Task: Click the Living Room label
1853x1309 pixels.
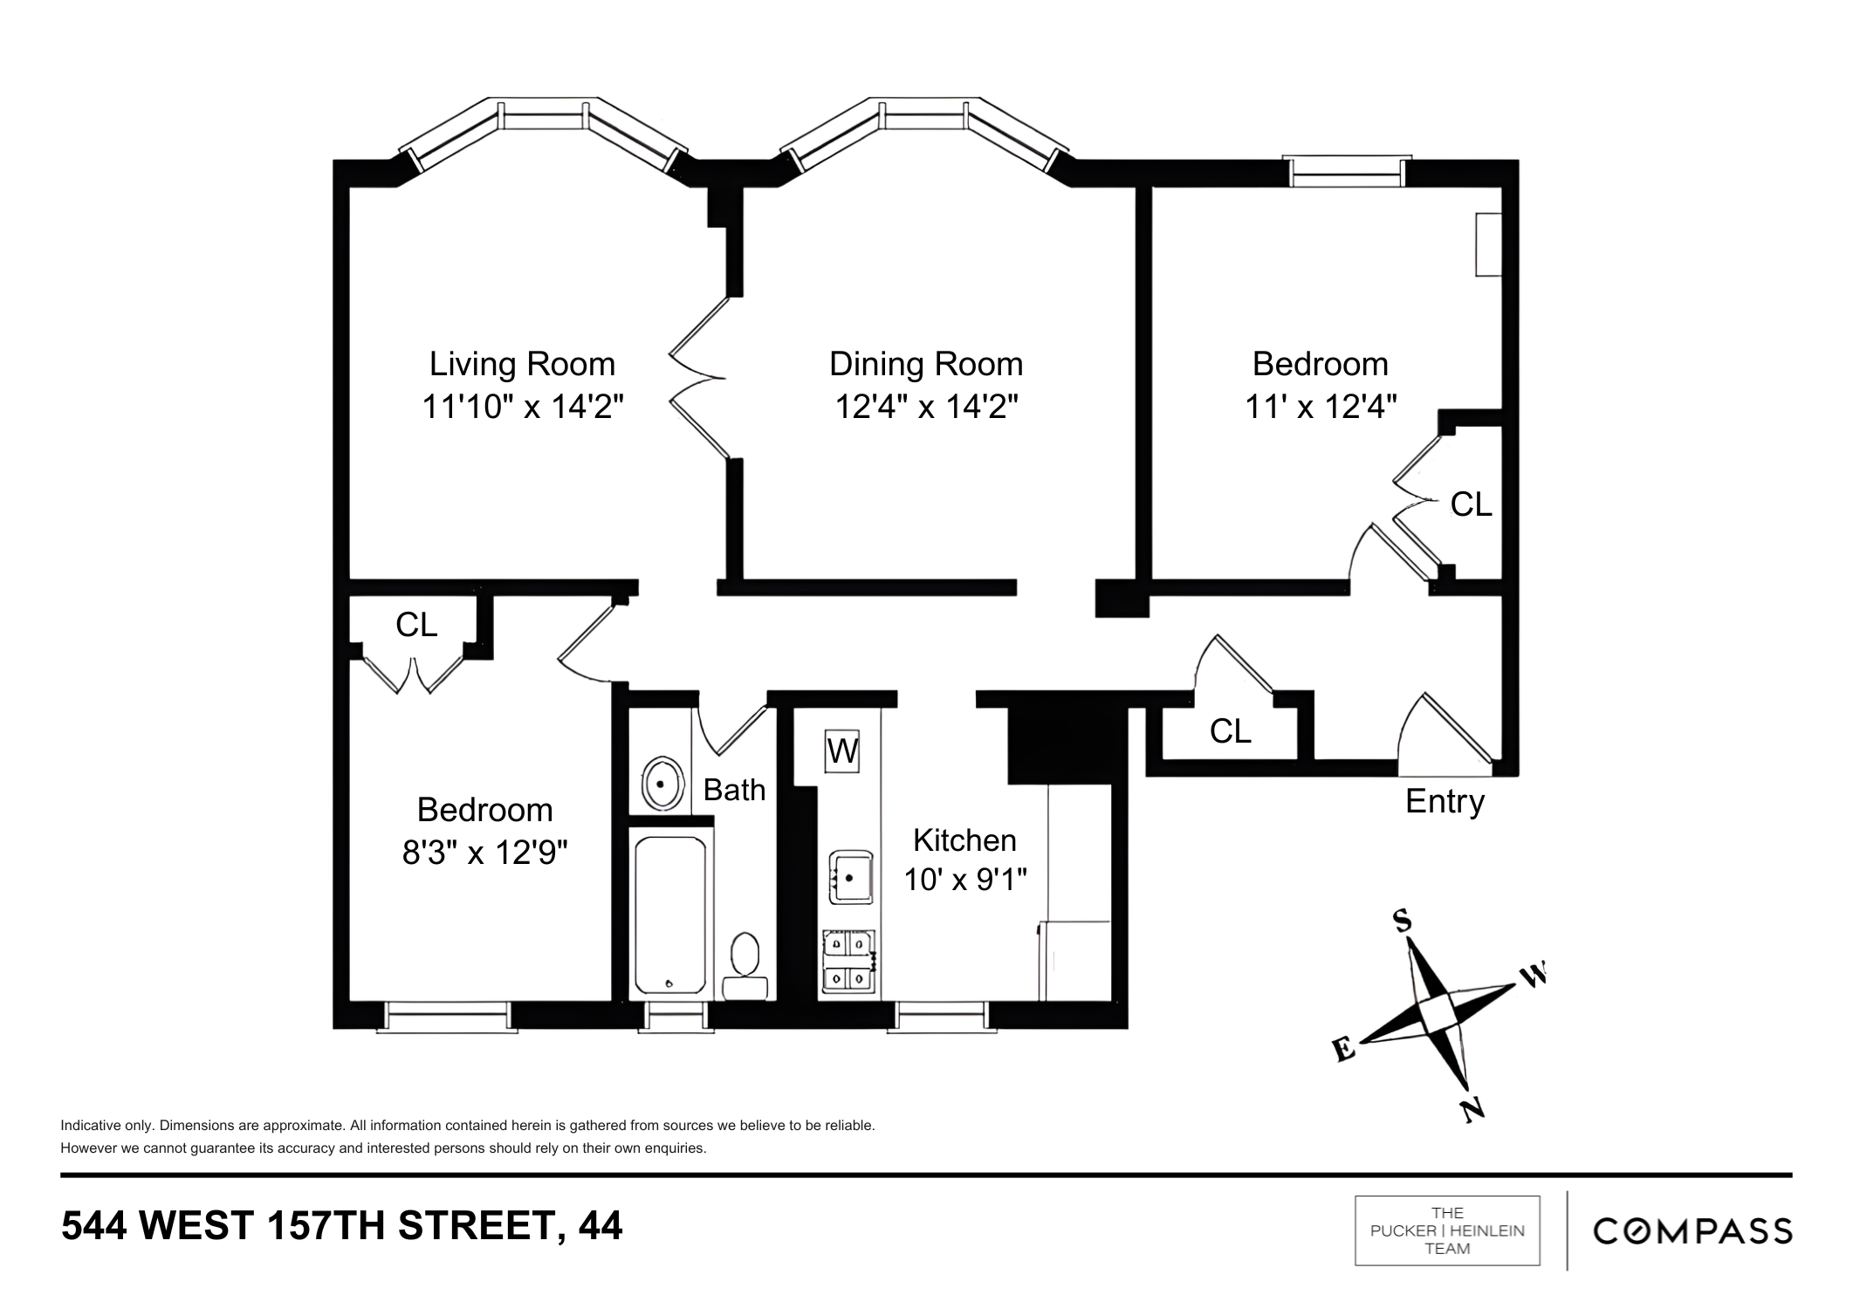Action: [522, 364]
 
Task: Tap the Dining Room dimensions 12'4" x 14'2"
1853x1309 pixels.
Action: [926, 407]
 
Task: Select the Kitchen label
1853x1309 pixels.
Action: [964, 840]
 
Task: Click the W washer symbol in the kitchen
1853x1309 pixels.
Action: [842, 751]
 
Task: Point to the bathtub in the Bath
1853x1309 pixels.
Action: [670, 915]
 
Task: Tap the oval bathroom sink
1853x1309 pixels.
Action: [662, 784]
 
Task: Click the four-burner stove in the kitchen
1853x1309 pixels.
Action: [848, 962]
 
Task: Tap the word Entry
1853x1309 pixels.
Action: [1445, 801]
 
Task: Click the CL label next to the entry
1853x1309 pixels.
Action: [1230, 731]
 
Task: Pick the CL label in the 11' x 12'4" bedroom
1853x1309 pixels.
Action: [1471, 504]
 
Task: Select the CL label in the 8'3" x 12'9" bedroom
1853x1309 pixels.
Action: [416, 625]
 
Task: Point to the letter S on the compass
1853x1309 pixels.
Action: [1402, 922]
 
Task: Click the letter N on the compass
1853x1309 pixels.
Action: [1472, 1109]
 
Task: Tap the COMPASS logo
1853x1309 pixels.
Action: [1692, 1231]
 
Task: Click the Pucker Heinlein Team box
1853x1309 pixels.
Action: [1447, 1230]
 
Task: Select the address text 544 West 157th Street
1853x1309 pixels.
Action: [341, 1226]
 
